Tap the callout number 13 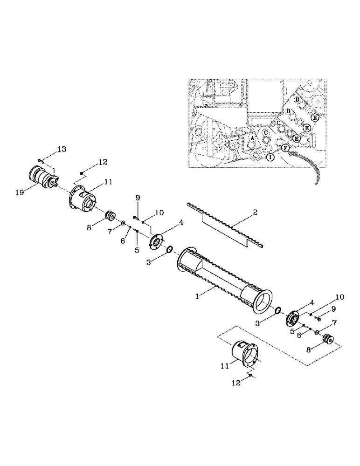point(62,149)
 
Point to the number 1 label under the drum point(198,295)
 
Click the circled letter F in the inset point(285,148)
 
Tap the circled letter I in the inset point(270,158)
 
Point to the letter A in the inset point(252,139)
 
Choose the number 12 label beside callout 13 point(102,162)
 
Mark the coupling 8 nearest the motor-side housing point(111,216)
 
